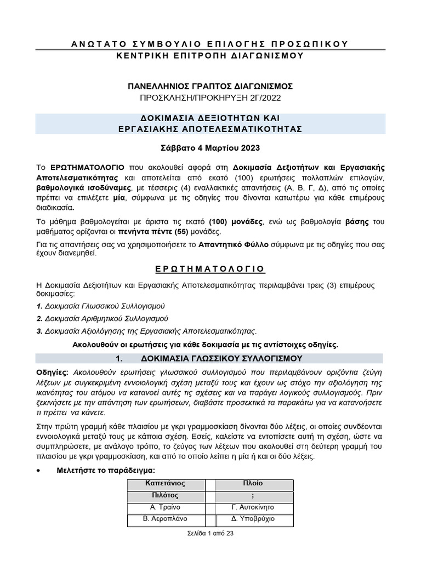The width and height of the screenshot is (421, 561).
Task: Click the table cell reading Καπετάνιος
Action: (165, 483)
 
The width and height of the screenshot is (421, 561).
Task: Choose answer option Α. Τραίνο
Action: (165, 507)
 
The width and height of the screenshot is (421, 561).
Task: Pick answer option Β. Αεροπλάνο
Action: (165, 518)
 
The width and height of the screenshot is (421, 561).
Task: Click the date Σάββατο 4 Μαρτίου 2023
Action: (210, 148)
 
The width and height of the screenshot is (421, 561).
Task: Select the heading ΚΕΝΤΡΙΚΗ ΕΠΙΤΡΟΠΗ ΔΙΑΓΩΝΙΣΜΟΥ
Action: (210, 55)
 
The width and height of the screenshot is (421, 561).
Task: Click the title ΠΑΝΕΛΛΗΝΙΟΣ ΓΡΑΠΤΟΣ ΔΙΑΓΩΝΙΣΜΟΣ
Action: (210, 86)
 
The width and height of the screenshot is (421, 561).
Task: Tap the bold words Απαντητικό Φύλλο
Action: (234, 244)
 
